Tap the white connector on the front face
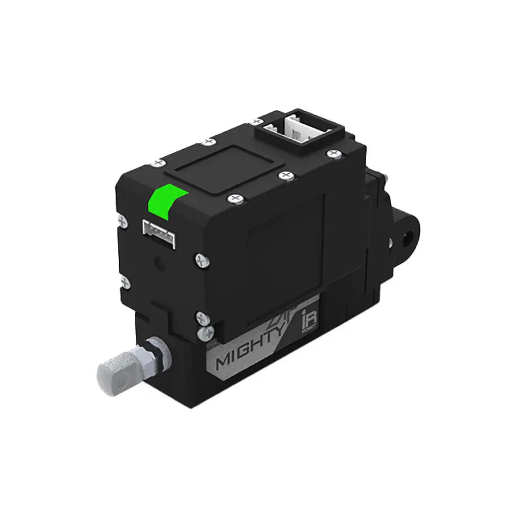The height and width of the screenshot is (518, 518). point(160,229)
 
